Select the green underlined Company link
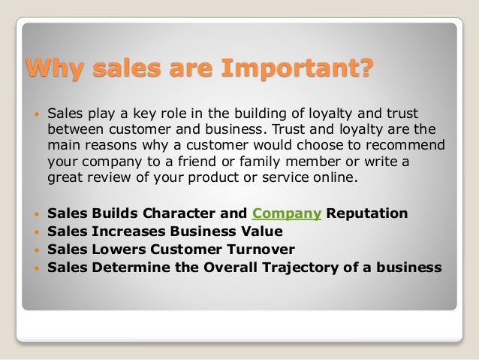[x=288, y=213]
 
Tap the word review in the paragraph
[x=112, y=178]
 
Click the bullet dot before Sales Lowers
[x=35, y=250]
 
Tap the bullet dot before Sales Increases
[x=35, y=231]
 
